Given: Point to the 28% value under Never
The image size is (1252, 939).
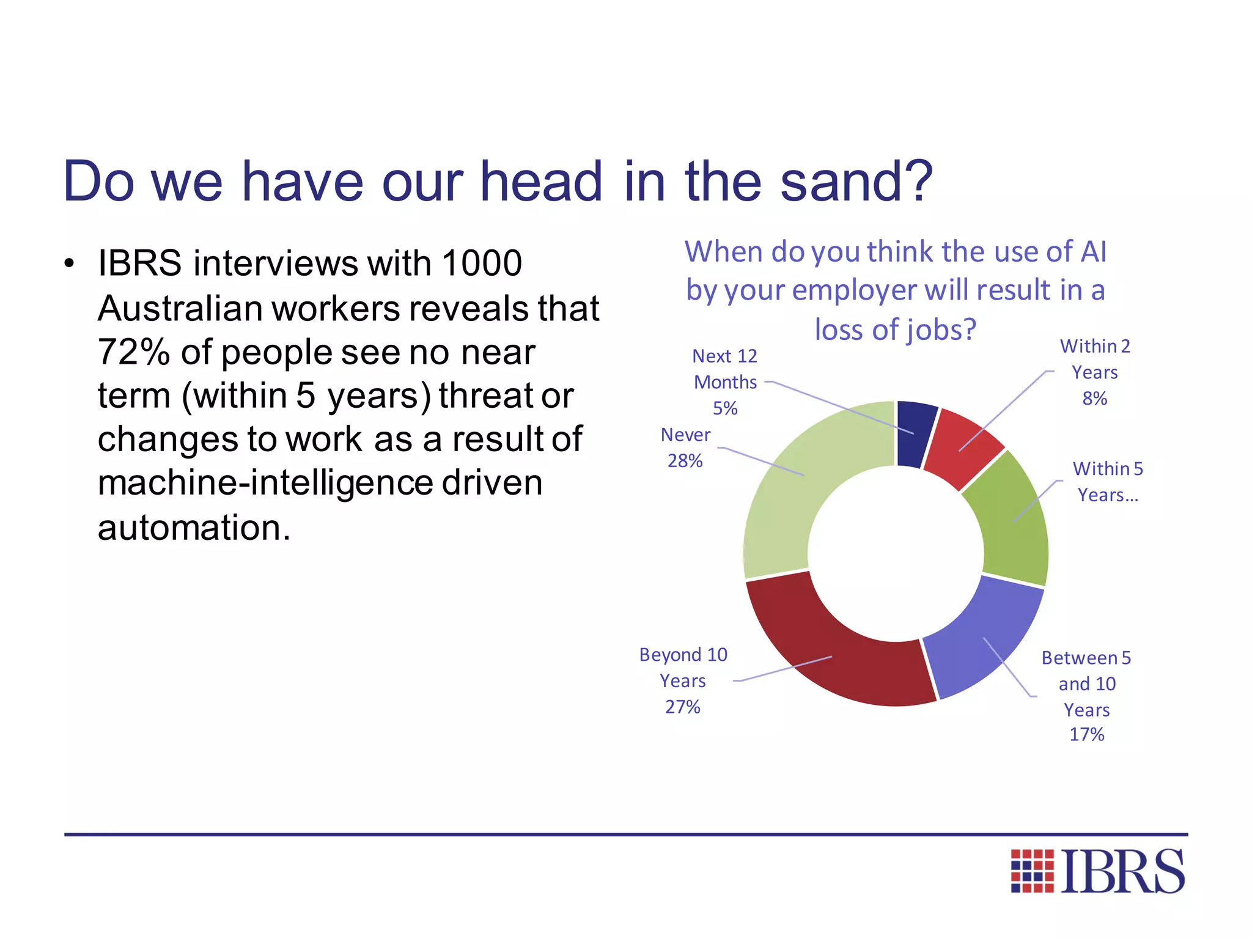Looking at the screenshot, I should (685, 461).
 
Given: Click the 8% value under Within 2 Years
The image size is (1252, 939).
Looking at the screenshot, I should (1094, 399).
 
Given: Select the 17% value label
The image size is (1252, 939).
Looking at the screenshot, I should (1086, 734).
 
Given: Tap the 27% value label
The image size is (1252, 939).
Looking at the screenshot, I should (682, 707).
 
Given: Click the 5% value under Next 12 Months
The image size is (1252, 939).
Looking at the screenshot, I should (725, 408).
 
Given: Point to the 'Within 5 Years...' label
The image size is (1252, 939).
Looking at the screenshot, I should (1107, 482).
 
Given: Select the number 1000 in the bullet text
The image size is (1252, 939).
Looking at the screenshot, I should (481, 263).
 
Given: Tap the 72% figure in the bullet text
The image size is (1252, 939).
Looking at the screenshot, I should (134, 353).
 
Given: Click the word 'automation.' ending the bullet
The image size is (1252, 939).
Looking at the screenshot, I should (194, 528).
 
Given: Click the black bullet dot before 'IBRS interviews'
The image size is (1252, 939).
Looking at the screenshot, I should (69, 264).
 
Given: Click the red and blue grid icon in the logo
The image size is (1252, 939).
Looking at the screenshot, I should (1032, 871).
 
